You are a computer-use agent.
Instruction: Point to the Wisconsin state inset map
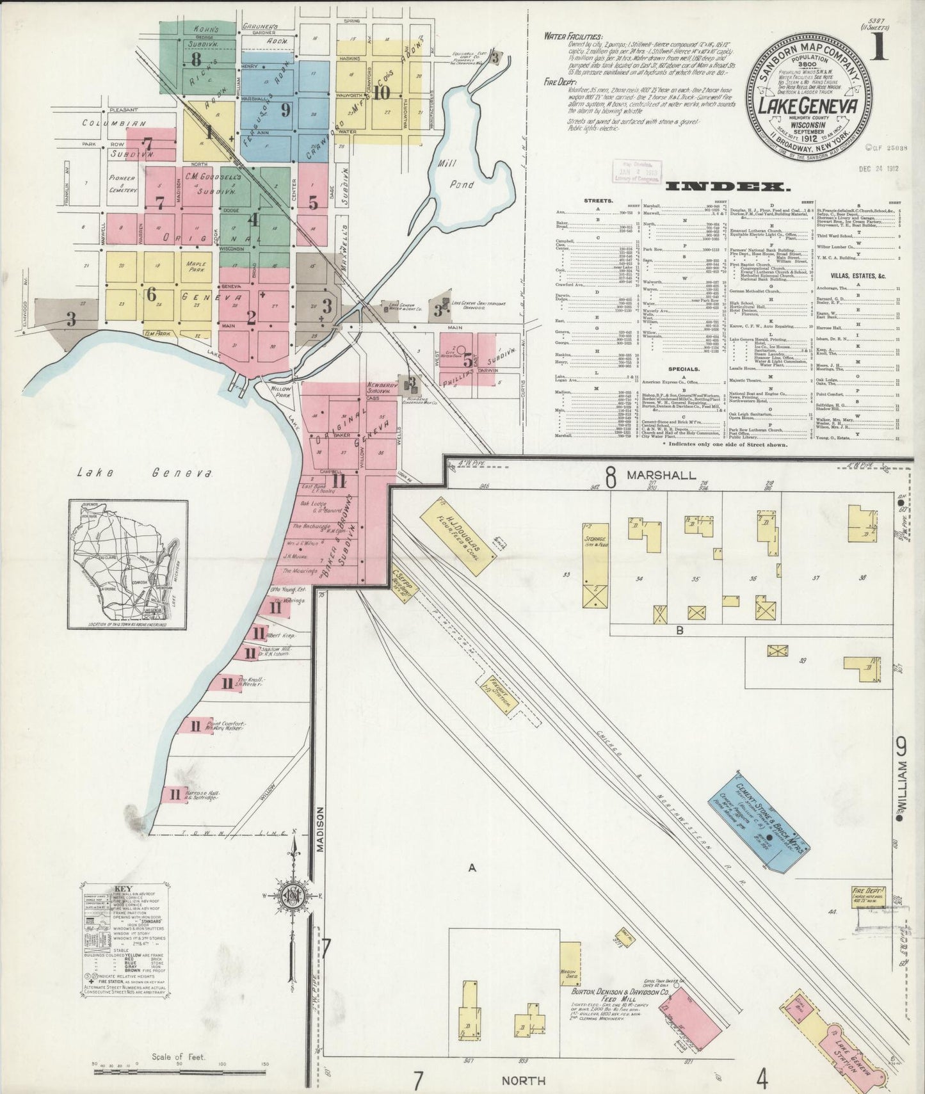pos(128,563)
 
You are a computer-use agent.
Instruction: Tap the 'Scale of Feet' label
pos(179,1057)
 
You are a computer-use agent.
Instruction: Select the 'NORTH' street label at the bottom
pos(524,1081)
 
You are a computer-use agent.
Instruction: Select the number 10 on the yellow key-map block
pos(382,92)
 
